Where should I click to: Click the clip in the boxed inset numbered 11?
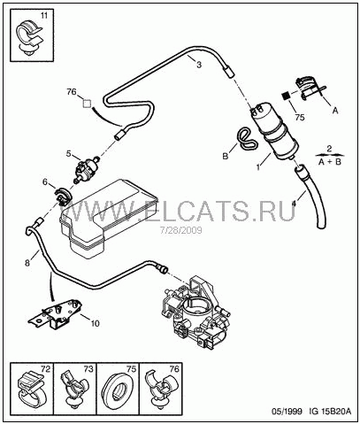(28, 38)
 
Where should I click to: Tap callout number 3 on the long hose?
(199, 65)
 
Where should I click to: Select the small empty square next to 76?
(87, 104)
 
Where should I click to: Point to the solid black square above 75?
(285, 96)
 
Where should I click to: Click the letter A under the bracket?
(335, 111)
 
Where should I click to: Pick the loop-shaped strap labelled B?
(246, 138)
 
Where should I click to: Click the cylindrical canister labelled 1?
(273, 131)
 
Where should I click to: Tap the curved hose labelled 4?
(308, 197)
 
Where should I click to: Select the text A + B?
(330, 162)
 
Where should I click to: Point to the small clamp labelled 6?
(63, 197)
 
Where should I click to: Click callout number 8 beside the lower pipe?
(27, 263)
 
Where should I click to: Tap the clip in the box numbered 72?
(31, 389)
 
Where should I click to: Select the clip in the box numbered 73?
(75, 389)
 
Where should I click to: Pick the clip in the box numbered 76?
(163, 389)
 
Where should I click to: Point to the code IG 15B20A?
(330, 412)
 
